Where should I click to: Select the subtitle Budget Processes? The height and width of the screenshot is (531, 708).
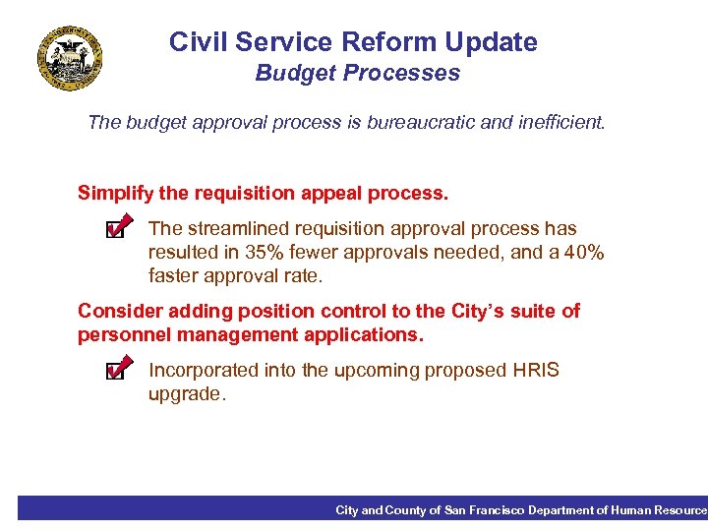click(x=357, y=74)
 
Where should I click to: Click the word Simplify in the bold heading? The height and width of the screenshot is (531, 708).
click(x=112, y=193)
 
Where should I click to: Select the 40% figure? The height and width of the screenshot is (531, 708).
click(x=581, y=253)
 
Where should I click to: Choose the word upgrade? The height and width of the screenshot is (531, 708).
click(x=186, y=394)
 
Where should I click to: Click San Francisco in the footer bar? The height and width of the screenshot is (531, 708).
click(x=485, y=510)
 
